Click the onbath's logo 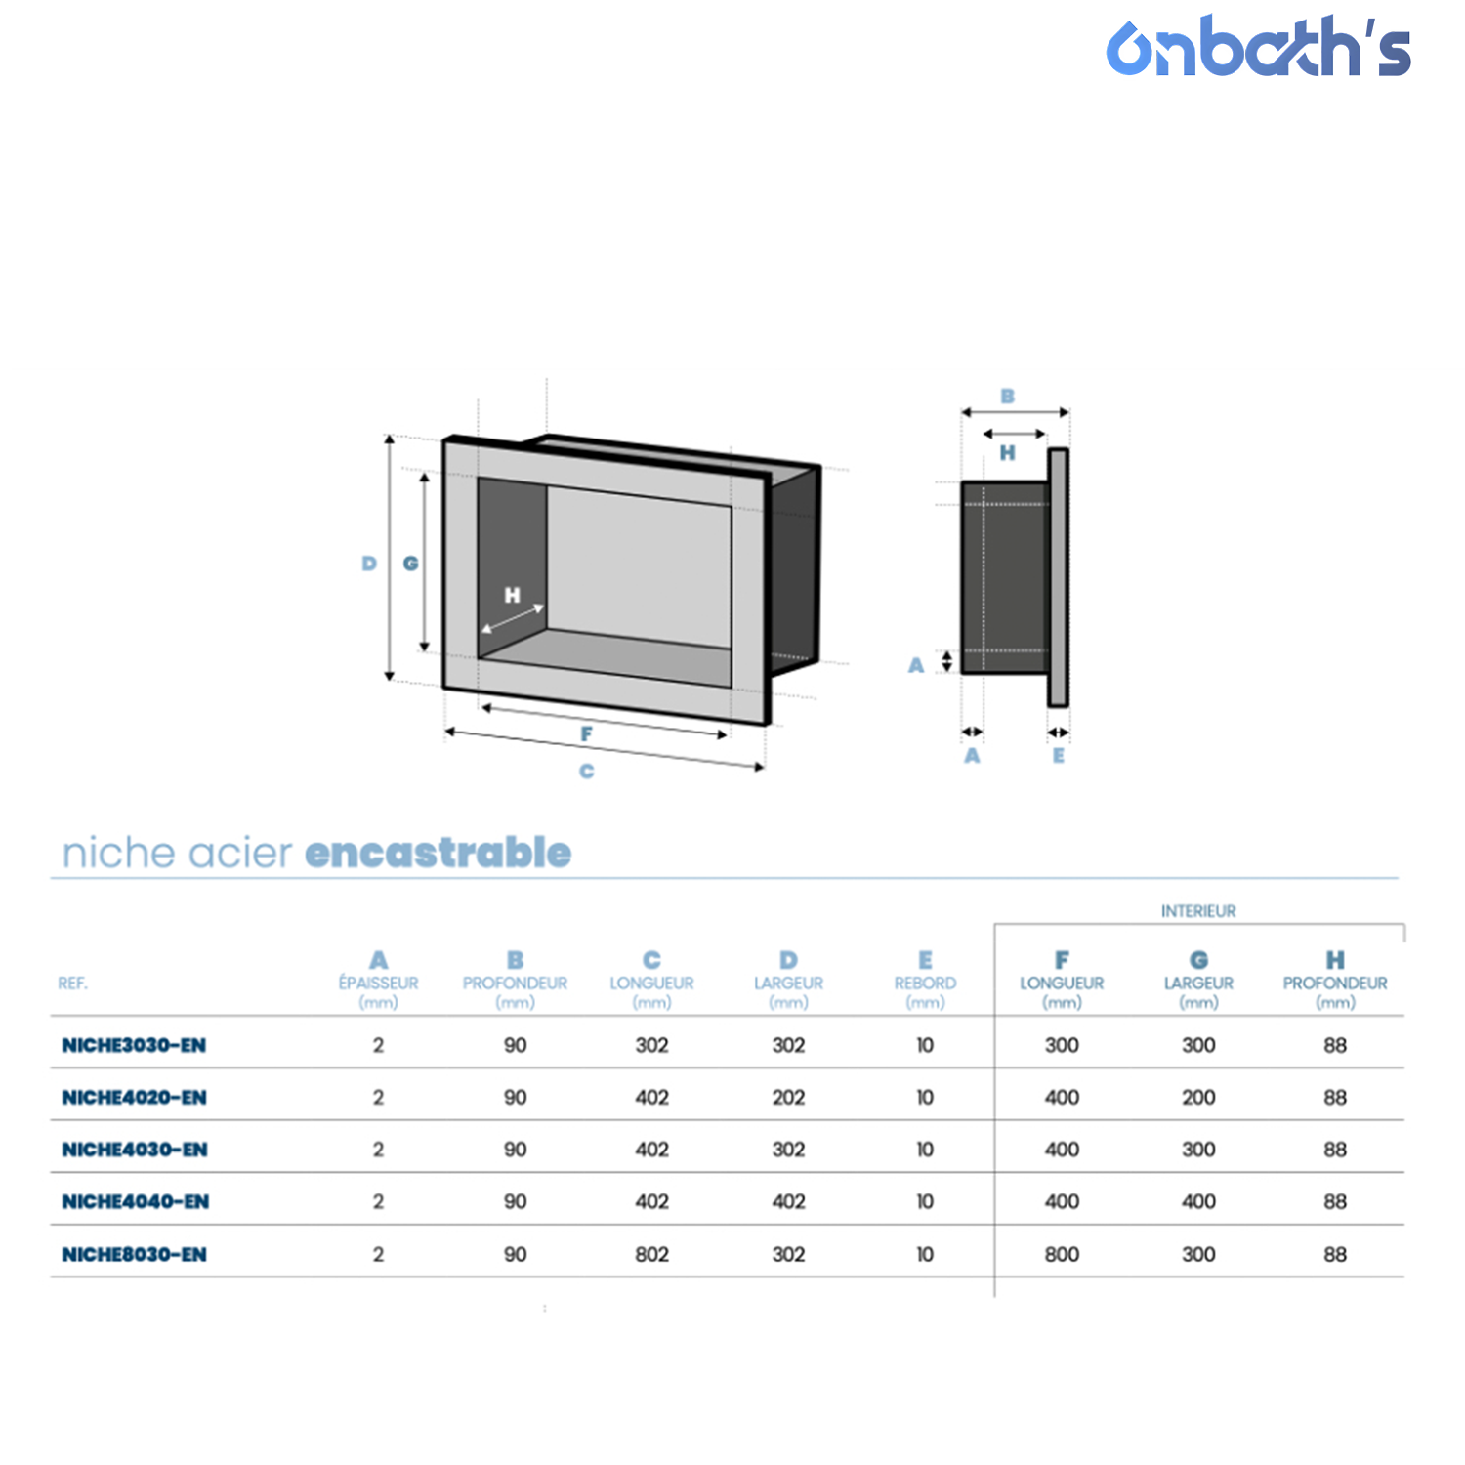[1258, 46]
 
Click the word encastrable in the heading [438, 853]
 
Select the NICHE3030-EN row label [134, 1045]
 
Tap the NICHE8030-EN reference [134, 1254]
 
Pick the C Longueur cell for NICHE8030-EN [651, 1254]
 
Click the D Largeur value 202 [788, 1097]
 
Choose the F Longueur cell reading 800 [1062, 1254]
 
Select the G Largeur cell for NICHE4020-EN [1198, 1097]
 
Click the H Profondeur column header [1335, 981]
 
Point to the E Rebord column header [925, 981]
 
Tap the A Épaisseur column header [378, 981]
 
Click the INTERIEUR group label [1198, 911]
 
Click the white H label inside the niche [513, 595]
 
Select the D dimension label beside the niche [369, 564]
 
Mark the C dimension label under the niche [586, 772]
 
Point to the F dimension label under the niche [586, 733]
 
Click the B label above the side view [1008, 397]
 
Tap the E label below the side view [1059, 755]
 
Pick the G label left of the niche [411, 564]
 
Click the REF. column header [72, 984]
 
